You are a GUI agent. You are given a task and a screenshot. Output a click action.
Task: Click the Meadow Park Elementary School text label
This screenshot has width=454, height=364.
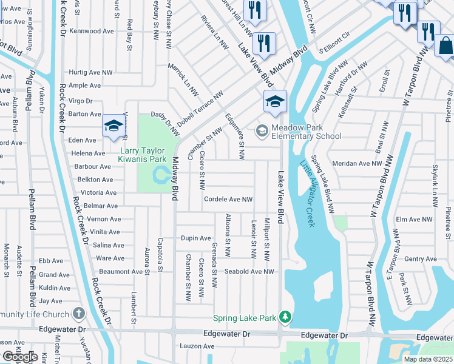307,132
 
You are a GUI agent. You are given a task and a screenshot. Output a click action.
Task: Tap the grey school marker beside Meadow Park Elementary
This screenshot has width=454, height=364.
262,130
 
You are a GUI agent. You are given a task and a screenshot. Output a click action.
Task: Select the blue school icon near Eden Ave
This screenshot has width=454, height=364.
113,126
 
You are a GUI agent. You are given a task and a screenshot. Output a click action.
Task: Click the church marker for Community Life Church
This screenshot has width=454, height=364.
78,314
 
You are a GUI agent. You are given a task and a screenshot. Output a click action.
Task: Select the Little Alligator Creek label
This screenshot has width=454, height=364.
307,193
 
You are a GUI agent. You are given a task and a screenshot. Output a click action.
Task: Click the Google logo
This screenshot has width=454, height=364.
19,357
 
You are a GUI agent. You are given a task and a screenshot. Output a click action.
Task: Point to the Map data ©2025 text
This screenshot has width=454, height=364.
429,359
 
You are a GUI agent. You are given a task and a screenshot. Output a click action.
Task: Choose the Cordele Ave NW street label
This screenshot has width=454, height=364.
228,199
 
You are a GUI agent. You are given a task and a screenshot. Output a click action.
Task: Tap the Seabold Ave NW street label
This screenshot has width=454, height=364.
249,271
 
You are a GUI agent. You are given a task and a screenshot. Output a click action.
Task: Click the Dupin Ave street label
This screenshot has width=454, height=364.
195,238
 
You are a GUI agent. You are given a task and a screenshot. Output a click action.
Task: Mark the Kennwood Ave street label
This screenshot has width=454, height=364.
92,30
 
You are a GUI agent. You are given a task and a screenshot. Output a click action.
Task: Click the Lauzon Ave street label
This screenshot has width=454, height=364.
197,346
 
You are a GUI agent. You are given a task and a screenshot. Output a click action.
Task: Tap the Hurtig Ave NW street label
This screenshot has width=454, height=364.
90,72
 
